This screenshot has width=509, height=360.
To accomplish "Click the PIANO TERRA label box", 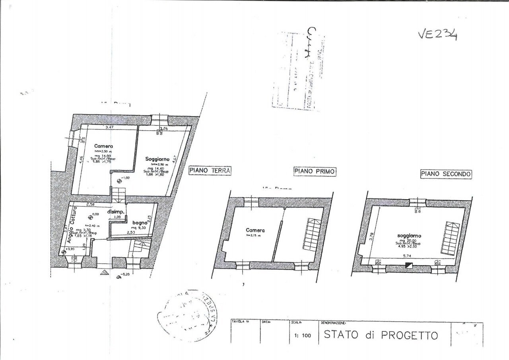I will point(210,171).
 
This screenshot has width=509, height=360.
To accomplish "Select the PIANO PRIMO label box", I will point(315,171).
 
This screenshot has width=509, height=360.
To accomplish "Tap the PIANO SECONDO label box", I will point(446,174).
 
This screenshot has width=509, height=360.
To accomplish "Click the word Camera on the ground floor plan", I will point(103,146).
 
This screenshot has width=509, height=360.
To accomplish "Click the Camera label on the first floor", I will point(255,230).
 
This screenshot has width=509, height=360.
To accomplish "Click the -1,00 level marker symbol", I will point(119,181).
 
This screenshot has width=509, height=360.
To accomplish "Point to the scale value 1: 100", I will point(302,335).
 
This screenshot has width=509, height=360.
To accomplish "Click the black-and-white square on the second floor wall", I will point(408,266).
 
